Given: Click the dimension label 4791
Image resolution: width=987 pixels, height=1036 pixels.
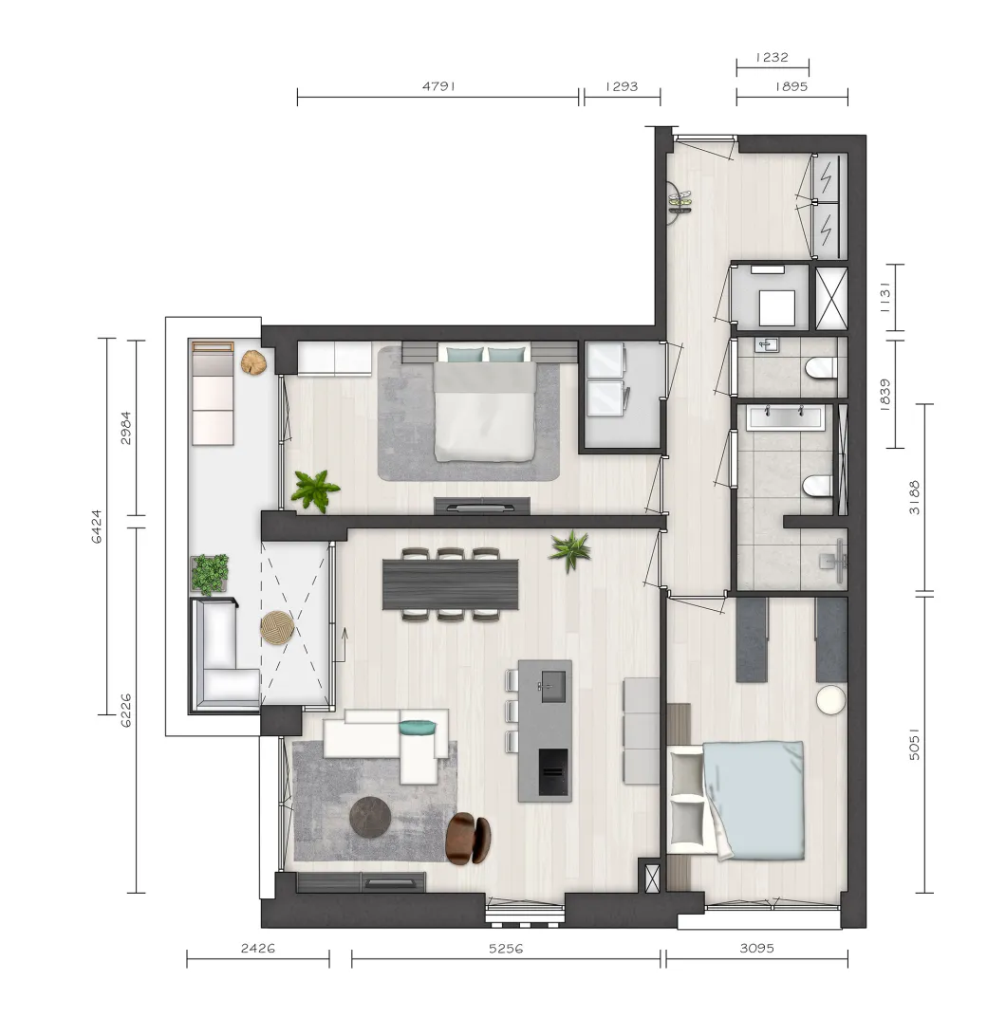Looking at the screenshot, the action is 439,86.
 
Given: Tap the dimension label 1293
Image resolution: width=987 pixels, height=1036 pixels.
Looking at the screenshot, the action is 622,86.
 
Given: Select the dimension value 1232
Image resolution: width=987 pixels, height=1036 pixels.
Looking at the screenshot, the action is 772,58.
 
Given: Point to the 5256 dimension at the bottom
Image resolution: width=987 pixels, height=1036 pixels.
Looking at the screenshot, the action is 506,948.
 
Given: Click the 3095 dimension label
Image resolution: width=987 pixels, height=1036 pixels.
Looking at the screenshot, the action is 756,948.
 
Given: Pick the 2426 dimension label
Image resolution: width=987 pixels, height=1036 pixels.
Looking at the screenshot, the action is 258,948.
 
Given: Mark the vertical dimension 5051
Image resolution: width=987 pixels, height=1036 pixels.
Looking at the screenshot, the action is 914,744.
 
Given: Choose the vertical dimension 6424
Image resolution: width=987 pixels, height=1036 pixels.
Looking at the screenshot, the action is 97,526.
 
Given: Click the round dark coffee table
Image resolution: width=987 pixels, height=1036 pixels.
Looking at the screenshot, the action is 370,817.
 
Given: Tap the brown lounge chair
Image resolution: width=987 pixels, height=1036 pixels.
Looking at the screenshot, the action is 468,839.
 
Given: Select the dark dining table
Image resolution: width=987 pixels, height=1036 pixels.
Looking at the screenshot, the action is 450,584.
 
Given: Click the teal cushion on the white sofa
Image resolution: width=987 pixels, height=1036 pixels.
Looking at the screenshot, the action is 418,727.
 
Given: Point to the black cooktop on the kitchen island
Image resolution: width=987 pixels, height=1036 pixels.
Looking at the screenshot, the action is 552,771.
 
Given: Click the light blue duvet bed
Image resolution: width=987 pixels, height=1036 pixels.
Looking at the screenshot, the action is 753,800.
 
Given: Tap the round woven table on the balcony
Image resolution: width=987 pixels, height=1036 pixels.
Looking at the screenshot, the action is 277,627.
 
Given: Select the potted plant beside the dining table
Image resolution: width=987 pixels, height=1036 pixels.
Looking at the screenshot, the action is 569,551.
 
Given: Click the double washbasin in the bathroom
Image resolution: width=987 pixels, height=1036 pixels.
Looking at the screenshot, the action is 786,417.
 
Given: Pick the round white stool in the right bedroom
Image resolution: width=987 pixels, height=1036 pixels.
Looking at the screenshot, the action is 831,699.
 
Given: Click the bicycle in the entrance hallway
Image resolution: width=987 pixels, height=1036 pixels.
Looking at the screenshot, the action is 680,201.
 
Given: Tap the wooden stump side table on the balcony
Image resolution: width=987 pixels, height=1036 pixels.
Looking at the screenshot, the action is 253,362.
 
